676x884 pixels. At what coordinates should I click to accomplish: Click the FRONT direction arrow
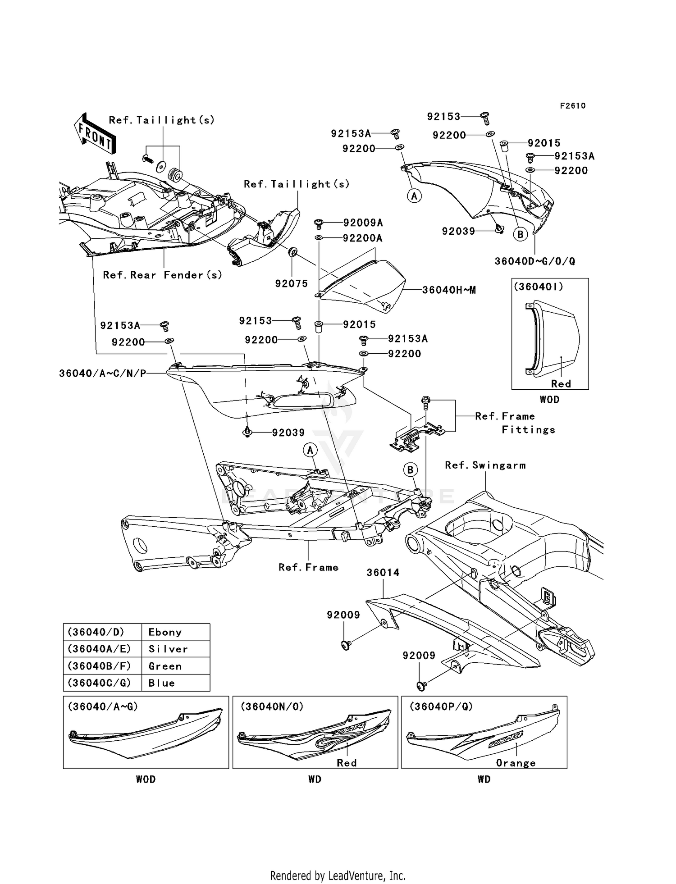95,134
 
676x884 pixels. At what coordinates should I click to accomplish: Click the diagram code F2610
572,106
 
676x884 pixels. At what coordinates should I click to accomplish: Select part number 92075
292,283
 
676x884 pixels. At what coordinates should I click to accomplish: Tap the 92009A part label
363,223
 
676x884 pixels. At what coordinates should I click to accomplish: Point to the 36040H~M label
449,290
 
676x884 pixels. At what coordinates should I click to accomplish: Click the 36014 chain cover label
383,573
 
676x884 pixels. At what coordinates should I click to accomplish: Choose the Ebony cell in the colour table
165,632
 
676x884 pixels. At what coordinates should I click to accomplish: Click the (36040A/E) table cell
99,649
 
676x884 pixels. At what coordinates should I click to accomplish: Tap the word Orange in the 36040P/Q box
516,763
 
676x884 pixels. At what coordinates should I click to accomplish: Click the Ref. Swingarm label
485,465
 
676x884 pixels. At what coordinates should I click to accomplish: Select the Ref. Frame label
308,567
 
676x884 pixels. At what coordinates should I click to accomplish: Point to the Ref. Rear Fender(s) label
162,275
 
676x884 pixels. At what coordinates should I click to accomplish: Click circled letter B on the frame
410,470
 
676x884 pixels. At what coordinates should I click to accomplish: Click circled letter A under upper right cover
414,196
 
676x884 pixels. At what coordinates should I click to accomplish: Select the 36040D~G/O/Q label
534,261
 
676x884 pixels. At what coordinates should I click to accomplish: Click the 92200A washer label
362,238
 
